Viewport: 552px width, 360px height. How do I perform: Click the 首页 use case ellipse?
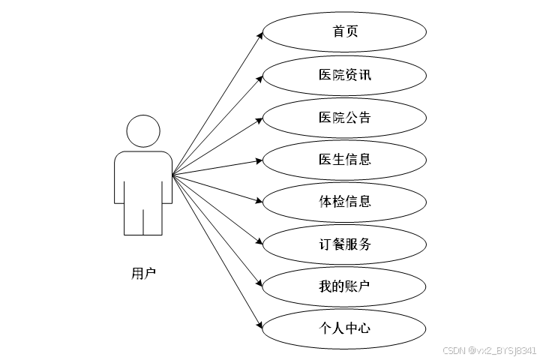344,32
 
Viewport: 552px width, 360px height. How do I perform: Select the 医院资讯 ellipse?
344,75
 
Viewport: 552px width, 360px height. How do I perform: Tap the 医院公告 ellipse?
344,117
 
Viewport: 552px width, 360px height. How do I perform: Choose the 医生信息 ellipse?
344,159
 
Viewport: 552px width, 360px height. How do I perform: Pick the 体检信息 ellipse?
344,201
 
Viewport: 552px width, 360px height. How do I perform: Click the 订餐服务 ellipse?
344,244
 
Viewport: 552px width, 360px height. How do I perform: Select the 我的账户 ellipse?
344,286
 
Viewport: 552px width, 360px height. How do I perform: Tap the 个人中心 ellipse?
344,328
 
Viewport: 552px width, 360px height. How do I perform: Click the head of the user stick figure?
142,131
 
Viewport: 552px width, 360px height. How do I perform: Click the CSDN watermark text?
489,350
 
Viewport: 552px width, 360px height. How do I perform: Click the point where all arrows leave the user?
172,175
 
